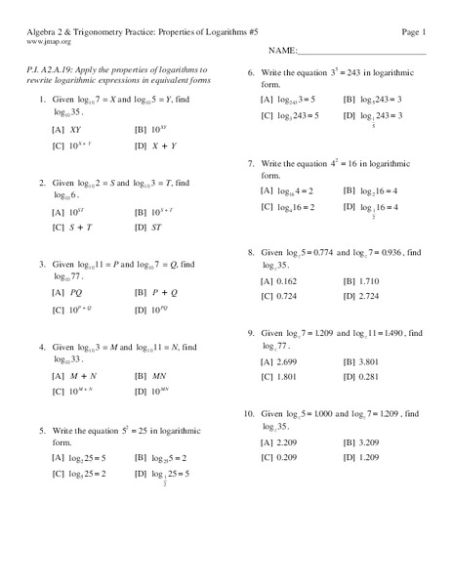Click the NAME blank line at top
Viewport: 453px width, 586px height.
click(x=360, y=51)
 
